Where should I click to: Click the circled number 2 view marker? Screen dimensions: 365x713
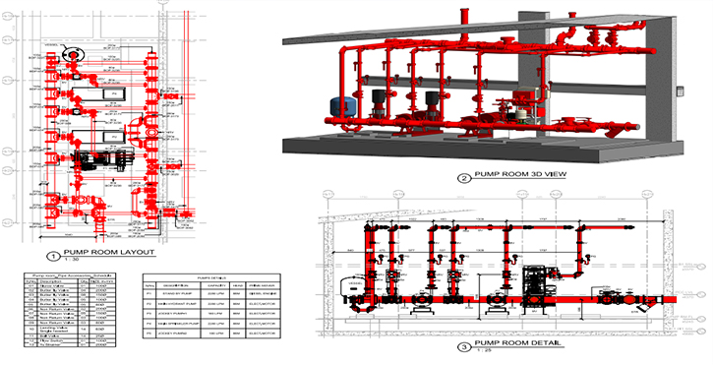coord(463,177)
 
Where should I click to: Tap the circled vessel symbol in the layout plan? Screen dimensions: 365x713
coord(73,54)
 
